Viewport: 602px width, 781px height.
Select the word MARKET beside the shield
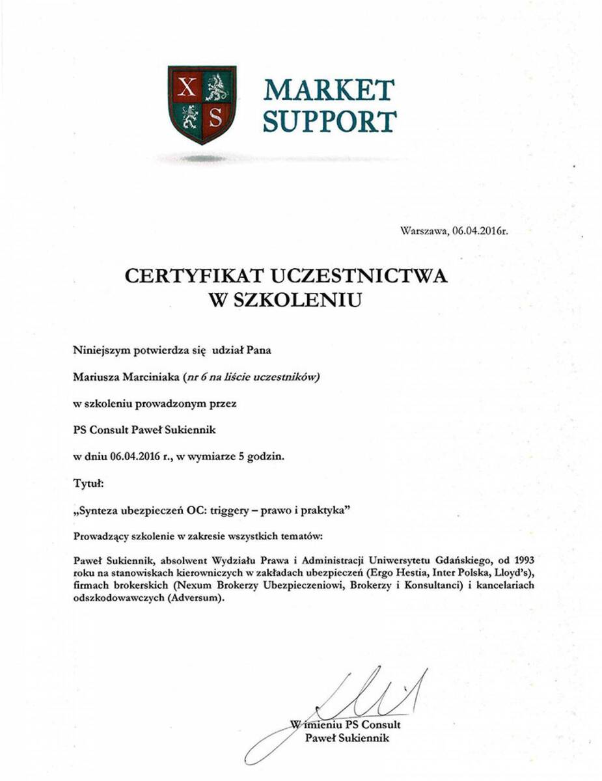tap(329, 90)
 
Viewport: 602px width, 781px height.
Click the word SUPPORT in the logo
tap(329, 121)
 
